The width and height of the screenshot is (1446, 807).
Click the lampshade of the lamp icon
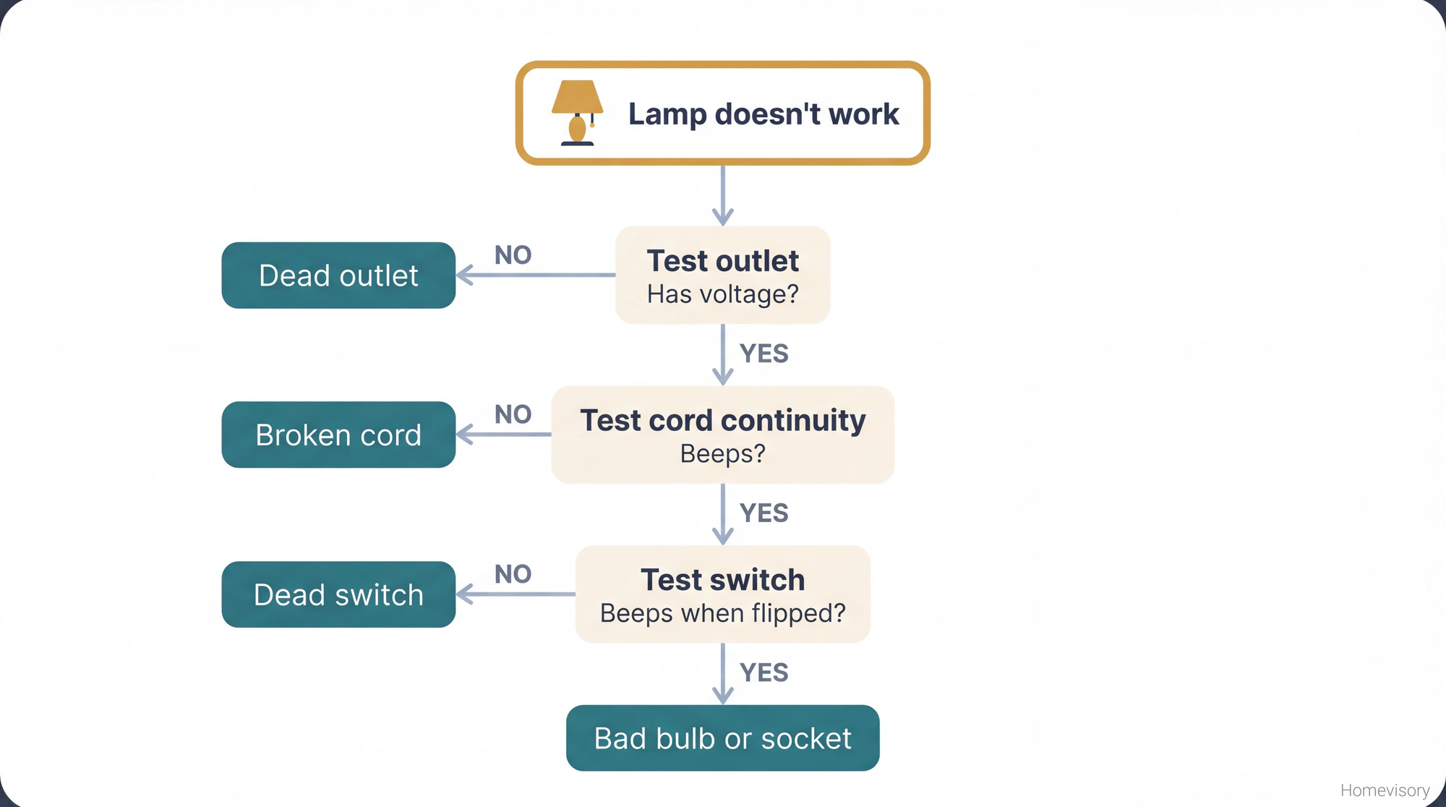tap(577, 96)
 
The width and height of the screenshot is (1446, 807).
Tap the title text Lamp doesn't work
tap(763, 114)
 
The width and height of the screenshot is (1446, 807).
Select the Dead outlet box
tap(338, 276)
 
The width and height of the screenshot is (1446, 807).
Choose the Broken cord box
tap(338, 435)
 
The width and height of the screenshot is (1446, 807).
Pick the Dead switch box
tap(338, 594)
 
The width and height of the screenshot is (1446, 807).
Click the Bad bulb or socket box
tap(722, 738)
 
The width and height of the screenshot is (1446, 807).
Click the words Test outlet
tap(722, 261)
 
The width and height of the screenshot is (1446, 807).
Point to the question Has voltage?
tap(722, 294)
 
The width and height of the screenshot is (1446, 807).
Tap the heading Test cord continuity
tap(722, 420)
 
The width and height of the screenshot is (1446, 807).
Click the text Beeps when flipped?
tap(722, 613)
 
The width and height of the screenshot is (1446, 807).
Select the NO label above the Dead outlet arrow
tap(513, 255)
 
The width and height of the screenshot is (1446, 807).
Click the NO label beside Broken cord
tap(513, 414)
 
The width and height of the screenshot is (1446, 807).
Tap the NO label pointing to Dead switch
tap(513, 574)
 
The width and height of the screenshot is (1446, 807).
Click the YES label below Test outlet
tap(763, 354)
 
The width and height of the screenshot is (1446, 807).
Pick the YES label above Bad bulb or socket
tap(763, 672)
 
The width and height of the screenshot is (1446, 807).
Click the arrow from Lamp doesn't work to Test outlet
tap(722, 195)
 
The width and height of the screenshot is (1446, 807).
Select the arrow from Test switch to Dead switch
tap(516, 594)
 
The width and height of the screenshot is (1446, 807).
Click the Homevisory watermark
tap(1385, 790)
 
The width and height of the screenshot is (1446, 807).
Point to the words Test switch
tap(722, 580)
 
